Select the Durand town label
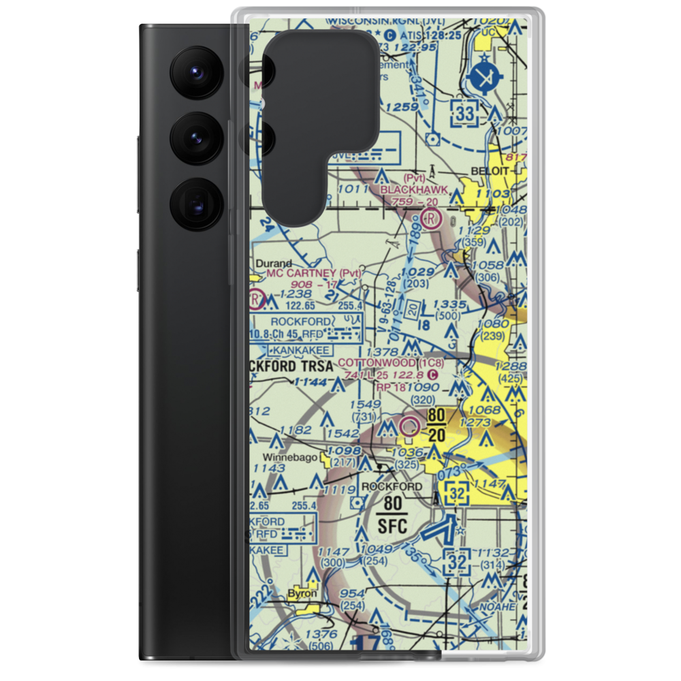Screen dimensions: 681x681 pyautogui.click(x=274, y=263)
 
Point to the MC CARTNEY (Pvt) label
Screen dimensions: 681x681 pyautogui.click(x=313, y=272)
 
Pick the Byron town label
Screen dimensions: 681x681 pyautogui.click(x=302, y=593)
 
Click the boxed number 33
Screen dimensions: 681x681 pyautogui.click(x=465, y=114)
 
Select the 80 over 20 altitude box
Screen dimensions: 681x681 pyautogui.click(x=437, y=424)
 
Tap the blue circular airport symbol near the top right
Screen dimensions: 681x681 pyautogui.click(x=485, y=79)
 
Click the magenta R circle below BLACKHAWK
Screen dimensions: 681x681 pyautogui.click(x=431, y=219)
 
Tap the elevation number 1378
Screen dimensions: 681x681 pyautogui.click(x=381, y=351)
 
